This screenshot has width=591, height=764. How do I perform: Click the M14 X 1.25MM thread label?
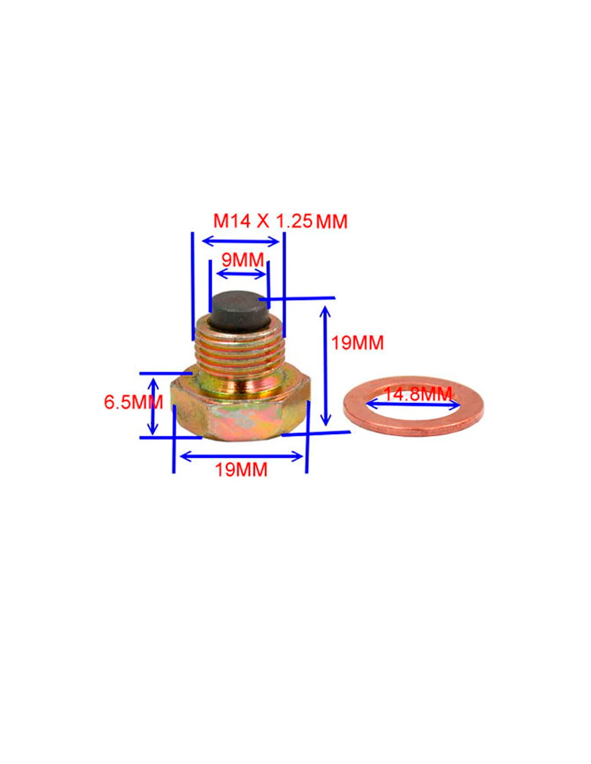coord(280,221)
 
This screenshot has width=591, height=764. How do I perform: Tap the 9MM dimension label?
coord(242,260)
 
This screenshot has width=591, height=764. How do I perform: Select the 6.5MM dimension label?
coord(133,402)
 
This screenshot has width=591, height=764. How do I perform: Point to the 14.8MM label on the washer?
coord(417,394)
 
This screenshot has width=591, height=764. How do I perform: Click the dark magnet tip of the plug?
coord(241,311)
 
